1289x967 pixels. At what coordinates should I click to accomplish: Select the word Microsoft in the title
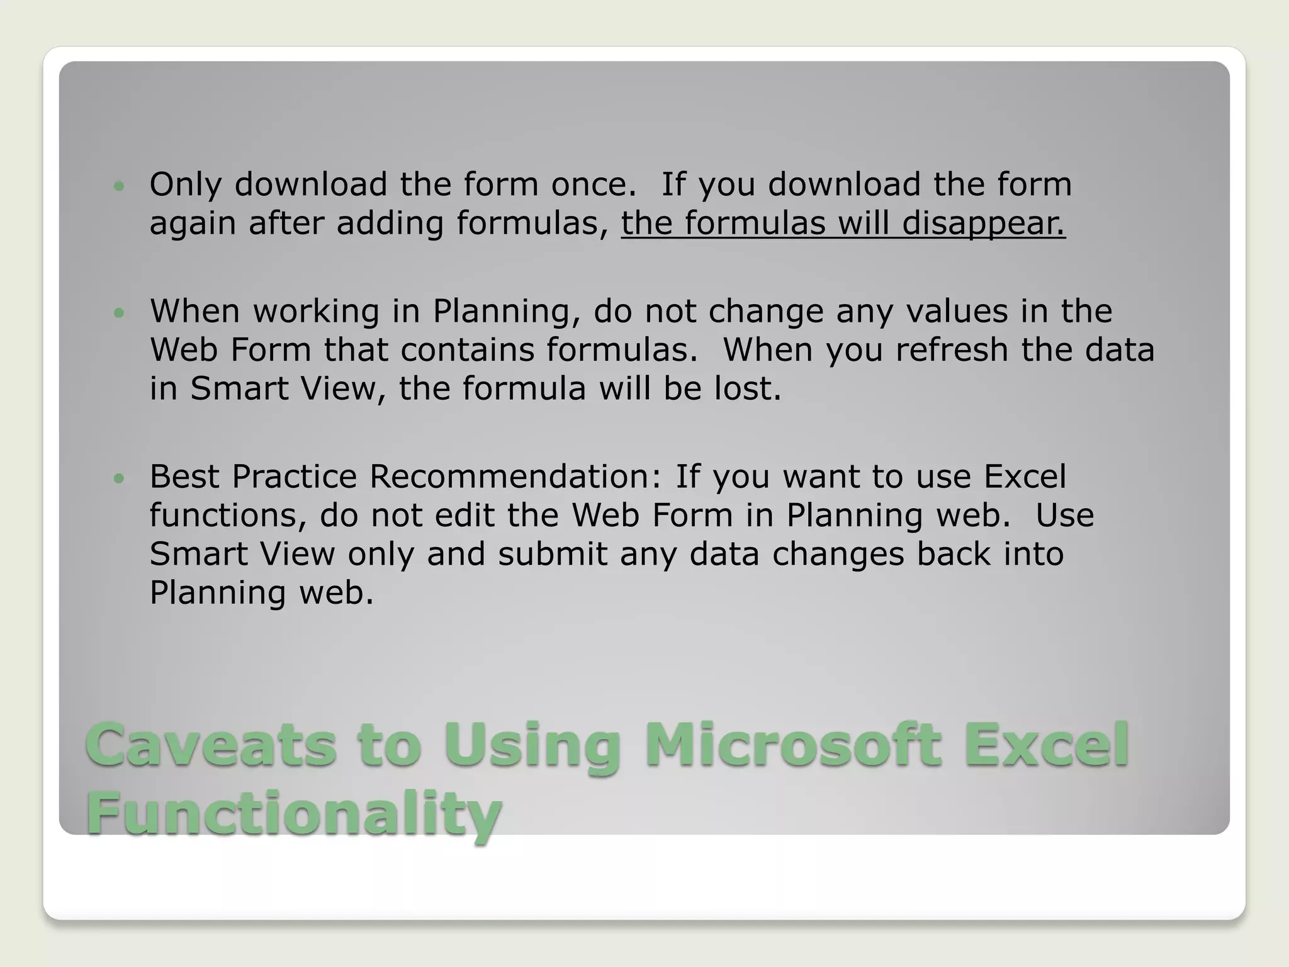(793, 745)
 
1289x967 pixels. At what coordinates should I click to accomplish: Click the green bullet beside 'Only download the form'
(119, 186)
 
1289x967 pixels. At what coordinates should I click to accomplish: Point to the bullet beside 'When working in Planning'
(119, 312)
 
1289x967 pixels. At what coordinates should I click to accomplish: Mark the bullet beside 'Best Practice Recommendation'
(119, 478)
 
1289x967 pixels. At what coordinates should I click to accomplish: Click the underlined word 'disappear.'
(984, 223)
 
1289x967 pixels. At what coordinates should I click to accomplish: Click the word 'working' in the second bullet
(317, 311)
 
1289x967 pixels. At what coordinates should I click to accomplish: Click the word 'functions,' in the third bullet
(228, 515)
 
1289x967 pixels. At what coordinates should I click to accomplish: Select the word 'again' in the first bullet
(193, 223)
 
